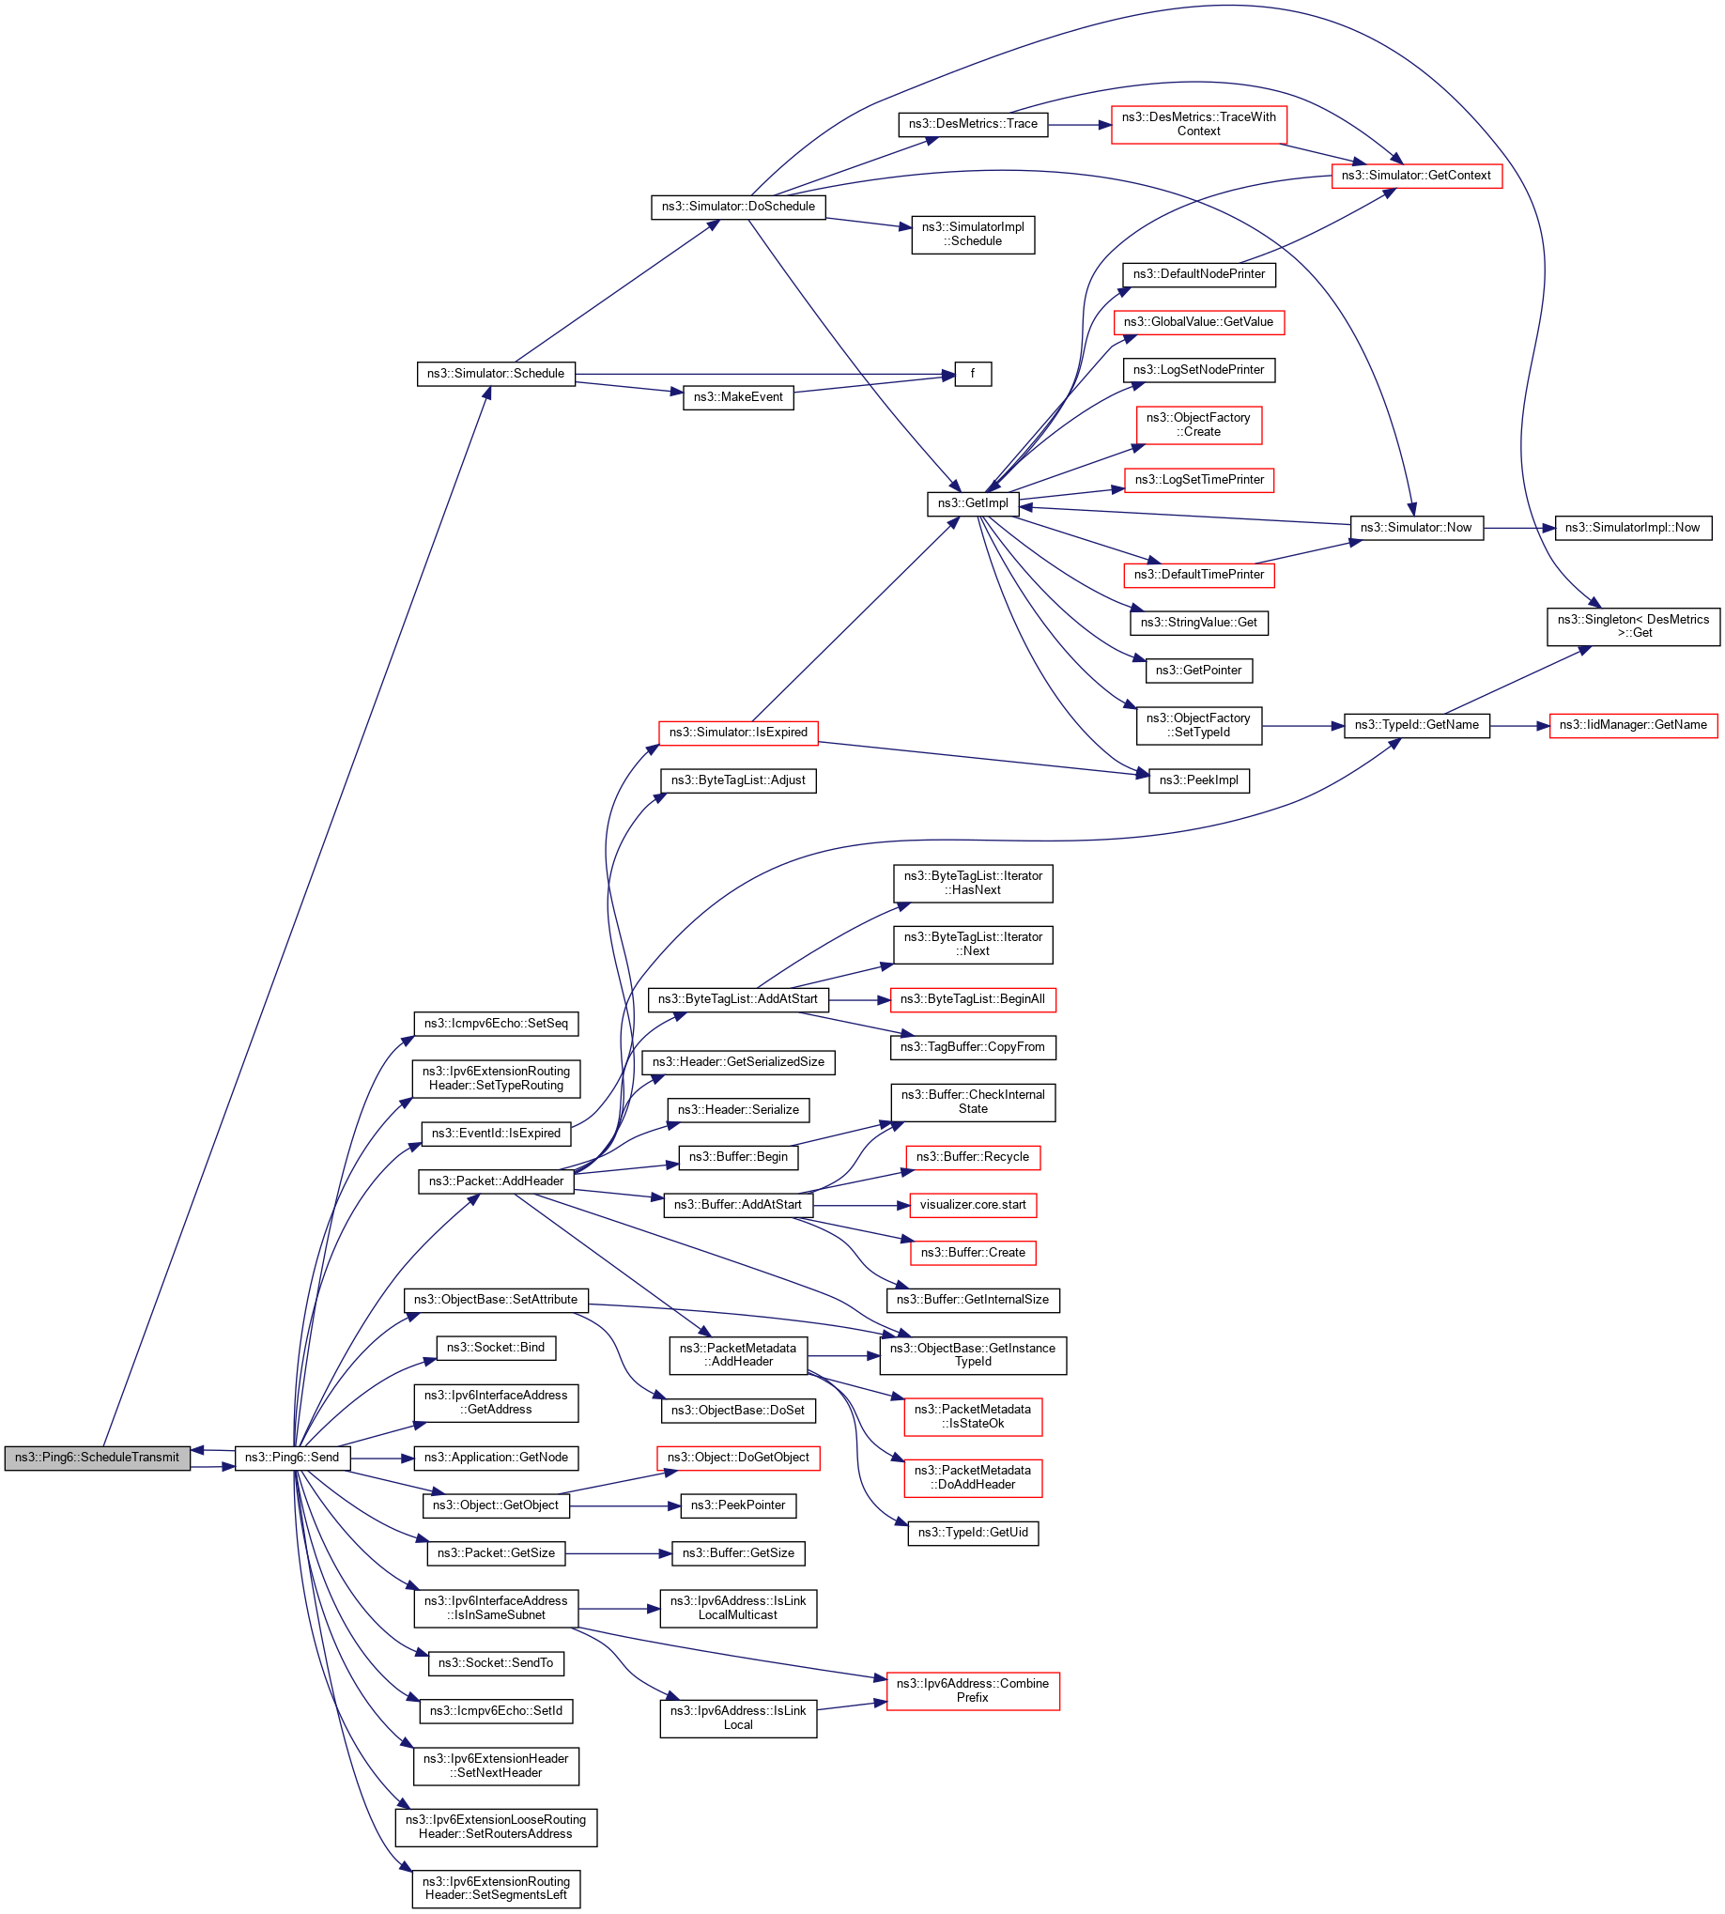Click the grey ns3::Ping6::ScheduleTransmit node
coord(97,1457)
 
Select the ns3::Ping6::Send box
coord(292,1457)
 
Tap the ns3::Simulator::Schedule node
coord(495,374)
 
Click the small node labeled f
coord(973,374)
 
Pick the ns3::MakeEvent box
coord(737,397)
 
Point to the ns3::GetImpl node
coord(973,503)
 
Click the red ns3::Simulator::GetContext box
coord(1416,176)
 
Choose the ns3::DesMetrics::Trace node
coord(973,124)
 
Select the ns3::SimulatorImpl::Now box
coord(1632,528)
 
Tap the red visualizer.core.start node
coord(973,1205)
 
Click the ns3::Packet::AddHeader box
coord(496,1181)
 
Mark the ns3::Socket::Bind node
coord(496,1347)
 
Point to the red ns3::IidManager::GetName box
coord(1632,725)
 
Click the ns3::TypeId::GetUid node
coord(973,1532)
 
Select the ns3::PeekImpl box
coord(1199,780)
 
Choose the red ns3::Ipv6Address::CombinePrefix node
coord(973,1690)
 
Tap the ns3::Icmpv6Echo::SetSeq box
coord(496,1024)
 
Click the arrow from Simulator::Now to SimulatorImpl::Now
coord(1518,528)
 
